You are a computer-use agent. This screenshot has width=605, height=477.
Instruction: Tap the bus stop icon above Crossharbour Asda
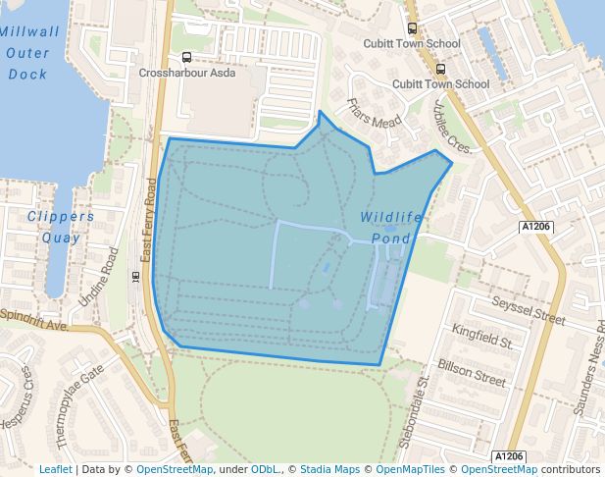(186, 57)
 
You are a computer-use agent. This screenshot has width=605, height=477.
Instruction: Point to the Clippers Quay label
(61, 226)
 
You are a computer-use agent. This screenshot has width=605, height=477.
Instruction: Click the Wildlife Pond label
(391, 227)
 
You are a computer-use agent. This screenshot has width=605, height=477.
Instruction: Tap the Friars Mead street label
(375, 114)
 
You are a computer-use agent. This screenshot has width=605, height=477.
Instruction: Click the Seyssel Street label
(529, 311)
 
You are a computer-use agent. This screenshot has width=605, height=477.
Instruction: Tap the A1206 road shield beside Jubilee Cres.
(535, 227)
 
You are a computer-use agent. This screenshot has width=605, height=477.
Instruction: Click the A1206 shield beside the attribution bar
(509, 455)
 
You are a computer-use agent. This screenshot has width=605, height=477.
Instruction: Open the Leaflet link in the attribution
(56, 469)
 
